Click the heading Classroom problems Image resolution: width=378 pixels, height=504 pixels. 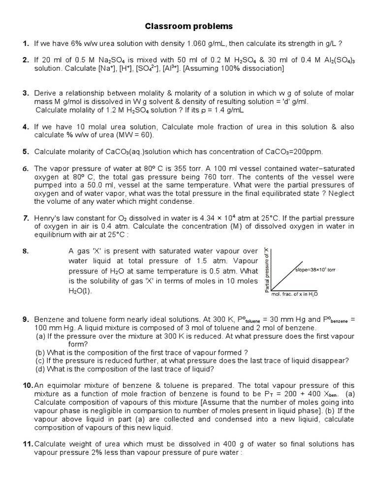click(x=189, y=26)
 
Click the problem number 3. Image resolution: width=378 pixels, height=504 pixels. click(x=26, y=93)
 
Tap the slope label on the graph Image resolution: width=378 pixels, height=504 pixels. click(x=315, y=270)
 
